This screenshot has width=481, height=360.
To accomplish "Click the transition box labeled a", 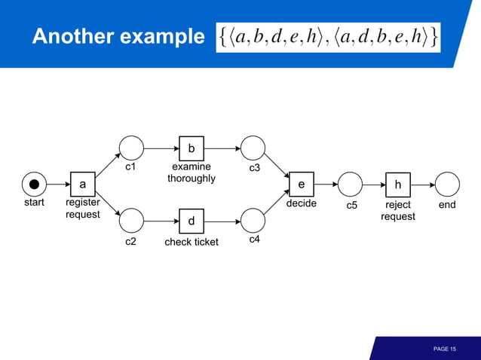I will [x=83, y=184].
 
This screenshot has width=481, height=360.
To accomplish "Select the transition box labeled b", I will [x=191, y=148].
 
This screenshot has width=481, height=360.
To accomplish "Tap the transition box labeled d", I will [x=191, y=221].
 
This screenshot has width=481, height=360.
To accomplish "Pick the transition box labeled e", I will [x=302, y=184].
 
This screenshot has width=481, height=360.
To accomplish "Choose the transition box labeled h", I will [x=397, y=184].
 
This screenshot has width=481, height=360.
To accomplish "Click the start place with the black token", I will [x=34, y=184].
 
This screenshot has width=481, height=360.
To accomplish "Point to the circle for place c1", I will [x=131, y=148].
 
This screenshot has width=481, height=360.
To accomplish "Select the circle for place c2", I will [x=131, y=221].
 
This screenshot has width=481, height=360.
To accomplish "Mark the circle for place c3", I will [x=253, y=148].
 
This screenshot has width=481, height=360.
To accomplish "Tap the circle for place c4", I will [x=253, y=221].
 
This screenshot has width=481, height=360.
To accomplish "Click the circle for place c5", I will [x=350, y=184].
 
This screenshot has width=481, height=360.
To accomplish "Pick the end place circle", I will [x=447, y=184].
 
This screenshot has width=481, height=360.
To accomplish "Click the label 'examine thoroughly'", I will [x=191, y=172].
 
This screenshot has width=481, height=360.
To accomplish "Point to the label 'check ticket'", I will [x=191, y=242].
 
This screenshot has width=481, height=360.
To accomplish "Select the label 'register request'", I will [x=83, y=209].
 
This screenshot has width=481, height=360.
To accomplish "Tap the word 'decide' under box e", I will [x=302, y=203].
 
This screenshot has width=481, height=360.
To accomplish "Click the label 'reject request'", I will [x=397, y=210].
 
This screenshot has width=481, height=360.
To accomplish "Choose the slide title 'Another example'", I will [x=118, y=37].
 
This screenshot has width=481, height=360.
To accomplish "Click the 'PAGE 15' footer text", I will [x=445, y=349].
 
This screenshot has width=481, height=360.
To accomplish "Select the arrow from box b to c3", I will [x=222, y=148].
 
